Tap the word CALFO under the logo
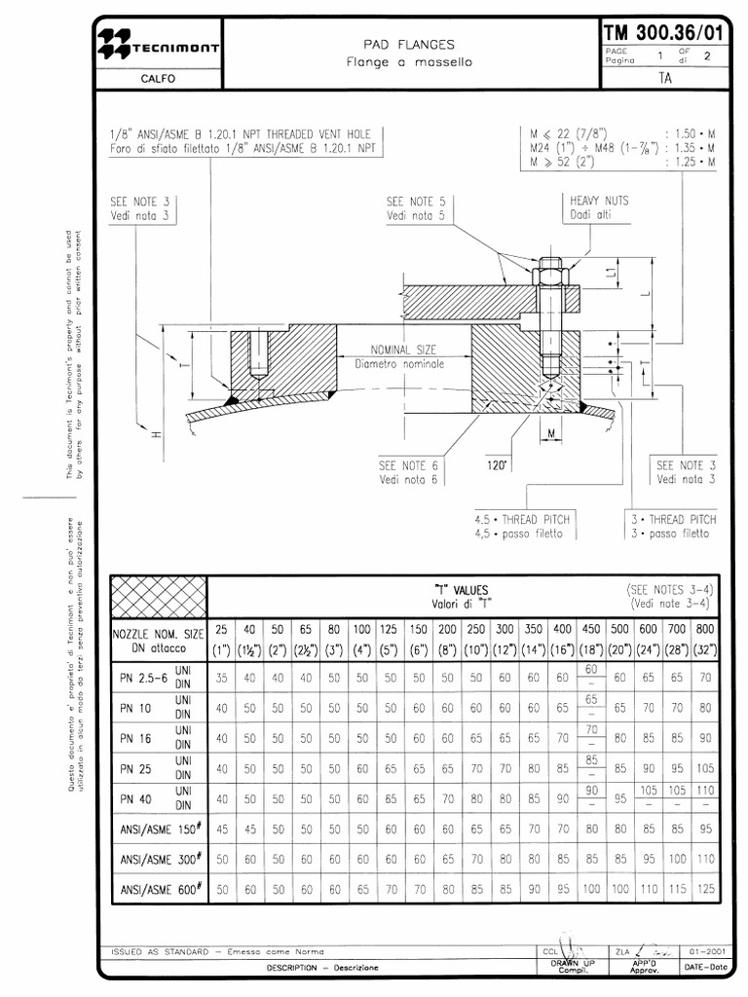159,79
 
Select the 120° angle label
498,466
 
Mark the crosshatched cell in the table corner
160,595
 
